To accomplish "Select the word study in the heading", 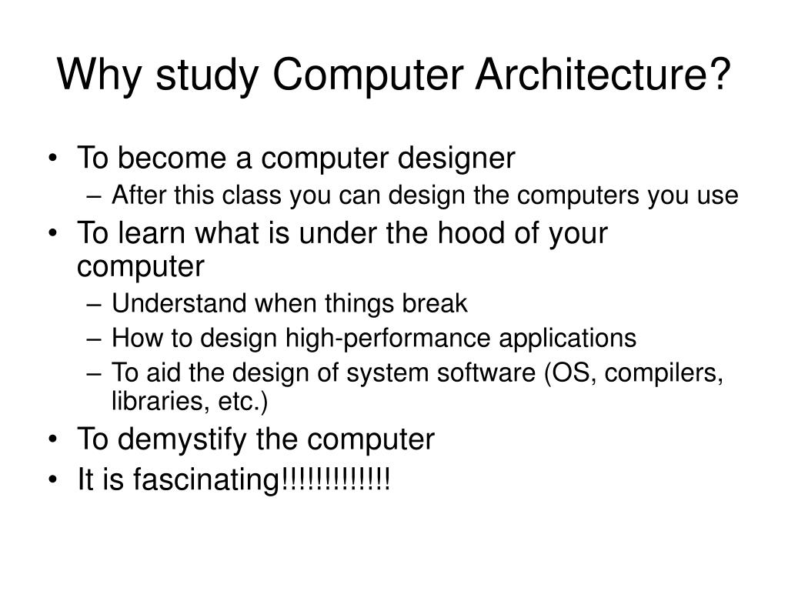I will point(204,77).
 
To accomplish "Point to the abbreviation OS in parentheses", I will point(565,372).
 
